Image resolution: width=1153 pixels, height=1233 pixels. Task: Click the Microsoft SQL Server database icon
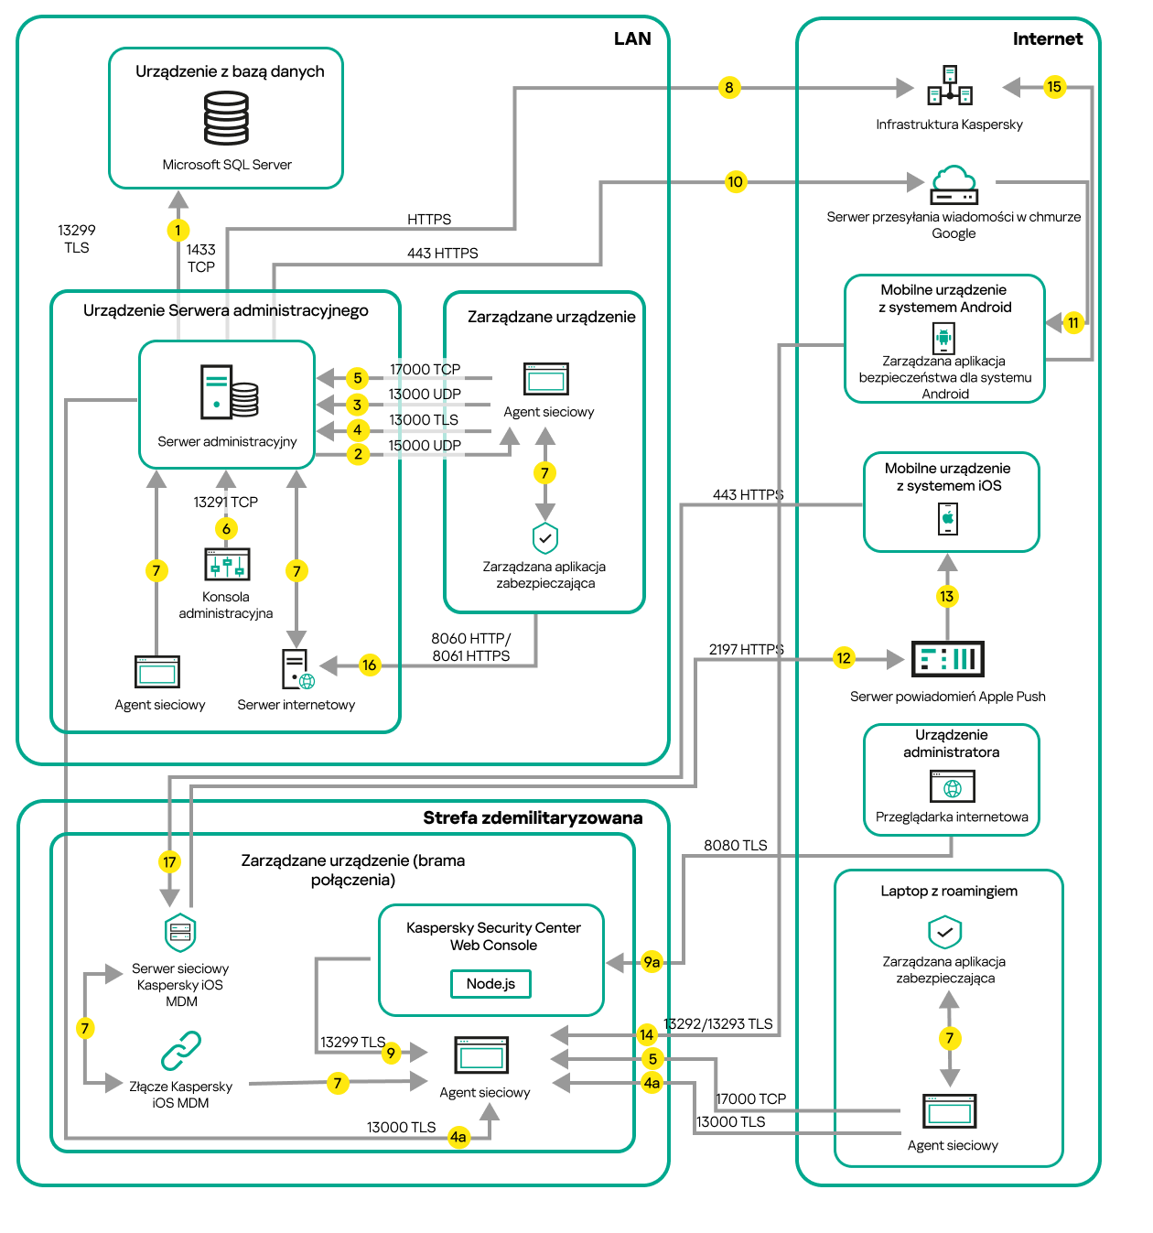coord(226,118)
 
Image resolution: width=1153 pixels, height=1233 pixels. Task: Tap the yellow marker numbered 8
coord(728,88)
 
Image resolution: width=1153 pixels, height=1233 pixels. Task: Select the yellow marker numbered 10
coord(735,182)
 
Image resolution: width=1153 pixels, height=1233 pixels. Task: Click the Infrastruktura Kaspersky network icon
coord(950,86)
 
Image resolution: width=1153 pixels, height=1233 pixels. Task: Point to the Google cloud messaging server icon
coord(954,185)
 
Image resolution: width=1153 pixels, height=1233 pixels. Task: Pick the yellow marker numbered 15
coord(1054,87)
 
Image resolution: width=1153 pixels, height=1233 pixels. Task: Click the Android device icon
coord(943,338)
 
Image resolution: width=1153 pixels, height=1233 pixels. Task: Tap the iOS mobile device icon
coord(948,519)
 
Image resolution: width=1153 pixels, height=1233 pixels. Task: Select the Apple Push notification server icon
coord(947,659)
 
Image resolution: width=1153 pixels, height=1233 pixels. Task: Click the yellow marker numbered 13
coord(946,597)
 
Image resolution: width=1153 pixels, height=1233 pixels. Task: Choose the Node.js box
coord(490,984)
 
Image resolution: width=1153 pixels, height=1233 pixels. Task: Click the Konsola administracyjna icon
coord(227,565)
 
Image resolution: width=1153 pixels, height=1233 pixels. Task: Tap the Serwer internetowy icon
coord(297,669)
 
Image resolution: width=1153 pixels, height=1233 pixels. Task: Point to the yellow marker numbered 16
coord(369,665)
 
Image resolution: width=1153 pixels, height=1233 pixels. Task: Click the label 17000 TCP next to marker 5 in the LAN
coord(425,370)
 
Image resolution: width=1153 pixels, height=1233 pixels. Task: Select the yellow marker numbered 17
coord(169,862)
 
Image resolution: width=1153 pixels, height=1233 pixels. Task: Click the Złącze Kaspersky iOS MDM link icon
coord(181,1051)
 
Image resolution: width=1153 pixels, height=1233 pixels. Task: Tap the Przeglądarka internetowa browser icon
coord(952,786)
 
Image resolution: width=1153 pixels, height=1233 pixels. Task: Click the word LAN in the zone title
coord(632,38)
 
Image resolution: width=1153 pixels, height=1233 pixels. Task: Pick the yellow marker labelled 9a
coord(652,962)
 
